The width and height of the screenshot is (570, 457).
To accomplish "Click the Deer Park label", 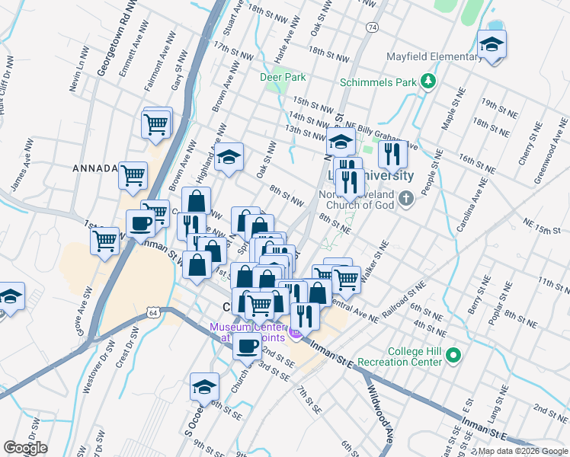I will point(283,77).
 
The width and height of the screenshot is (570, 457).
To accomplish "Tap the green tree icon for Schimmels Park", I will point(429,80).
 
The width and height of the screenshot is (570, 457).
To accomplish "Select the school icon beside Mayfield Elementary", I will point(492,46).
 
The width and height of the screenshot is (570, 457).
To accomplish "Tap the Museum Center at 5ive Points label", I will point(247,332).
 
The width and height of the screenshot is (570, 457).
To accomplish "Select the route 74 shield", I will point(371,27).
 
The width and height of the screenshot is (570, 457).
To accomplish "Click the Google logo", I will point(24,448).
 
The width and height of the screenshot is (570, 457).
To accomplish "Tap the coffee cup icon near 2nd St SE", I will point(247,347).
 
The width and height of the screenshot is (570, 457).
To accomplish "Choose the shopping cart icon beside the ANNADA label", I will point(133,176).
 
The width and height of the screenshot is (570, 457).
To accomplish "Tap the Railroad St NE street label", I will point(405,298).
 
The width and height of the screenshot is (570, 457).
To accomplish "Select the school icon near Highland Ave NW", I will point(228,158).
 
